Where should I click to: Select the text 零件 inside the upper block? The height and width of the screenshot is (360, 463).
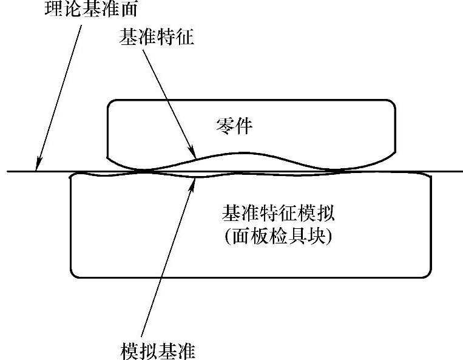234,127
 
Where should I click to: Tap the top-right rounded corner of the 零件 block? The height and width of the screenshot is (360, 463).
393,103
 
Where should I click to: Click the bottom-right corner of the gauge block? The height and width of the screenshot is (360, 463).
430,274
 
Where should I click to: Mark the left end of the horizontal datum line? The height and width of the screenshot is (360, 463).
8,172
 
